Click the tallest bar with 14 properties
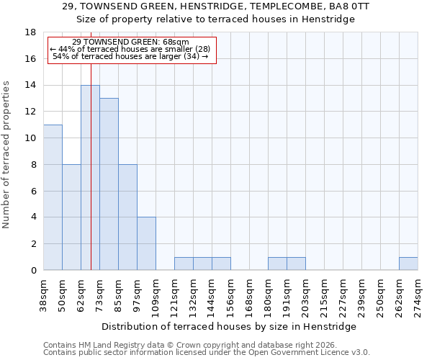[90, 178]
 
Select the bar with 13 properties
[109, 184]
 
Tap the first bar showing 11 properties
[53, 197]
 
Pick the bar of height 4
[146, 243]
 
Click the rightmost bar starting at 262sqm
[408, 264]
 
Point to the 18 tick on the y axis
[30, 32]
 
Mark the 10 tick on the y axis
[30, 138]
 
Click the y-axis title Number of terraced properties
[6, 155]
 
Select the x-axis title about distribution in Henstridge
[234, 327]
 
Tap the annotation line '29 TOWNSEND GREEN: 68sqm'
[131, 42]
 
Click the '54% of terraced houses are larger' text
[131, 56]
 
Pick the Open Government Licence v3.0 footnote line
[207, 353]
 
